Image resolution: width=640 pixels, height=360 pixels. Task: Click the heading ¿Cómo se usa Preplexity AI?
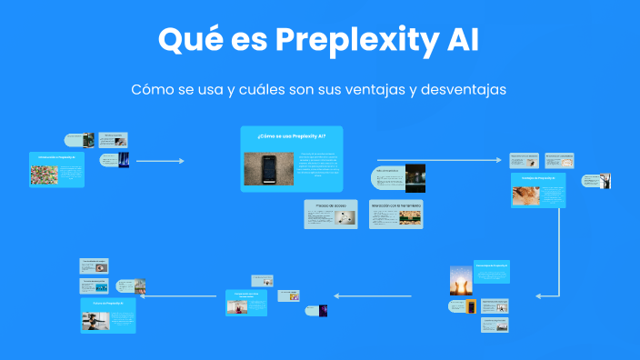click(x=291, y=135)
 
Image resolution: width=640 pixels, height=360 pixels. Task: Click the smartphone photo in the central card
click(x=269, y=168)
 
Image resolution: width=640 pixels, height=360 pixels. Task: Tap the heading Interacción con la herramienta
click(x=395, y=205)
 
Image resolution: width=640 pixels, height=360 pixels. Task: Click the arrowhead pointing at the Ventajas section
click(x=497, y=161)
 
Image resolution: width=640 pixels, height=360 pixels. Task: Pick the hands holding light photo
click(x=461, y=279)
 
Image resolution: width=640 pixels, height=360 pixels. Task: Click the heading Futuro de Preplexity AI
click(x=108, y=301)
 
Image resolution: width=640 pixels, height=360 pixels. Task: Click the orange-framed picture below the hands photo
click(x=470, y=307)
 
